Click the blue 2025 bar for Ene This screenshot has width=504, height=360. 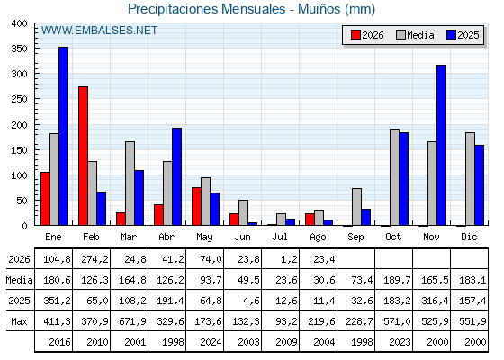click(x=63, y=136)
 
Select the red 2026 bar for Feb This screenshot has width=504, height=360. click(x=83, y=156)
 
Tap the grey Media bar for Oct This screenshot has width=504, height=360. click(x=394, y=177)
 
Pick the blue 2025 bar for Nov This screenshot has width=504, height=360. click(x=441, y=145)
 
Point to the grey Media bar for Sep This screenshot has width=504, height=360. click(x=356, y=207)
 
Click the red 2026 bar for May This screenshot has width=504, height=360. click(x=196, y=206)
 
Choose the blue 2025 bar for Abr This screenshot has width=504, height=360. click(x=176, y=176)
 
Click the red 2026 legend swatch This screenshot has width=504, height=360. click(x=355, y=35)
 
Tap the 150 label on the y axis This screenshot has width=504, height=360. click(x=19, y=150)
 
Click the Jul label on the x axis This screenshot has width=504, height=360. click(x=280, y=237)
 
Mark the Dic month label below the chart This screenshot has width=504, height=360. click(x=469, y=237)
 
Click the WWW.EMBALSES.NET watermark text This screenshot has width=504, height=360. click(x=99, y=31)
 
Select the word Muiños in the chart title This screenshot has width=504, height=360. click(x=319, y=9)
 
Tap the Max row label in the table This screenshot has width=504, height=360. click(x=19, y=321)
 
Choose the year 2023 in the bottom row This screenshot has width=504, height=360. click(x=400, y=342)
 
